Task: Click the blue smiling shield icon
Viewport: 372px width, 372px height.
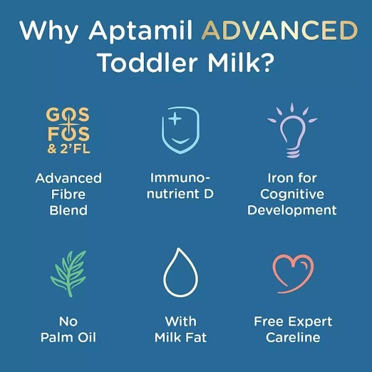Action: [180, 129]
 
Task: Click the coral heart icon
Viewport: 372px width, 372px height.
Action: [292, 270]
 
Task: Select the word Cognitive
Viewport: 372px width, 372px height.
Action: [293, 194]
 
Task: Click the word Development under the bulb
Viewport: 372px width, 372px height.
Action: [292, 210]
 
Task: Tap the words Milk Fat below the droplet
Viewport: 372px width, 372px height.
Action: [180, 338]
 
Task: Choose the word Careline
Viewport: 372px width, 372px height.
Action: [293, 338]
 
